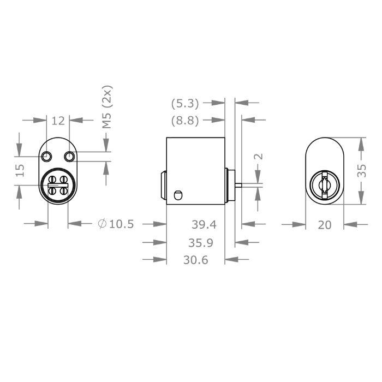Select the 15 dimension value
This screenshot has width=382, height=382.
(20, 170)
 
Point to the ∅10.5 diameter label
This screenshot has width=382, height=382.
(115, 224)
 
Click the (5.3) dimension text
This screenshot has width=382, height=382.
(184, 102)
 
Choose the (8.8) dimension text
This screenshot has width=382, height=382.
(184, 121)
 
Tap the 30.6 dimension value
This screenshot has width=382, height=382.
(195, 260)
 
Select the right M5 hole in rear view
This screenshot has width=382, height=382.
(68, 157)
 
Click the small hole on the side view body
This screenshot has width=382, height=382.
(176, 194)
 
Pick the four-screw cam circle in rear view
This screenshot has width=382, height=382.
(57, 184)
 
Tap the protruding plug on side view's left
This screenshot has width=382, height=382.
(163, 186)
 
